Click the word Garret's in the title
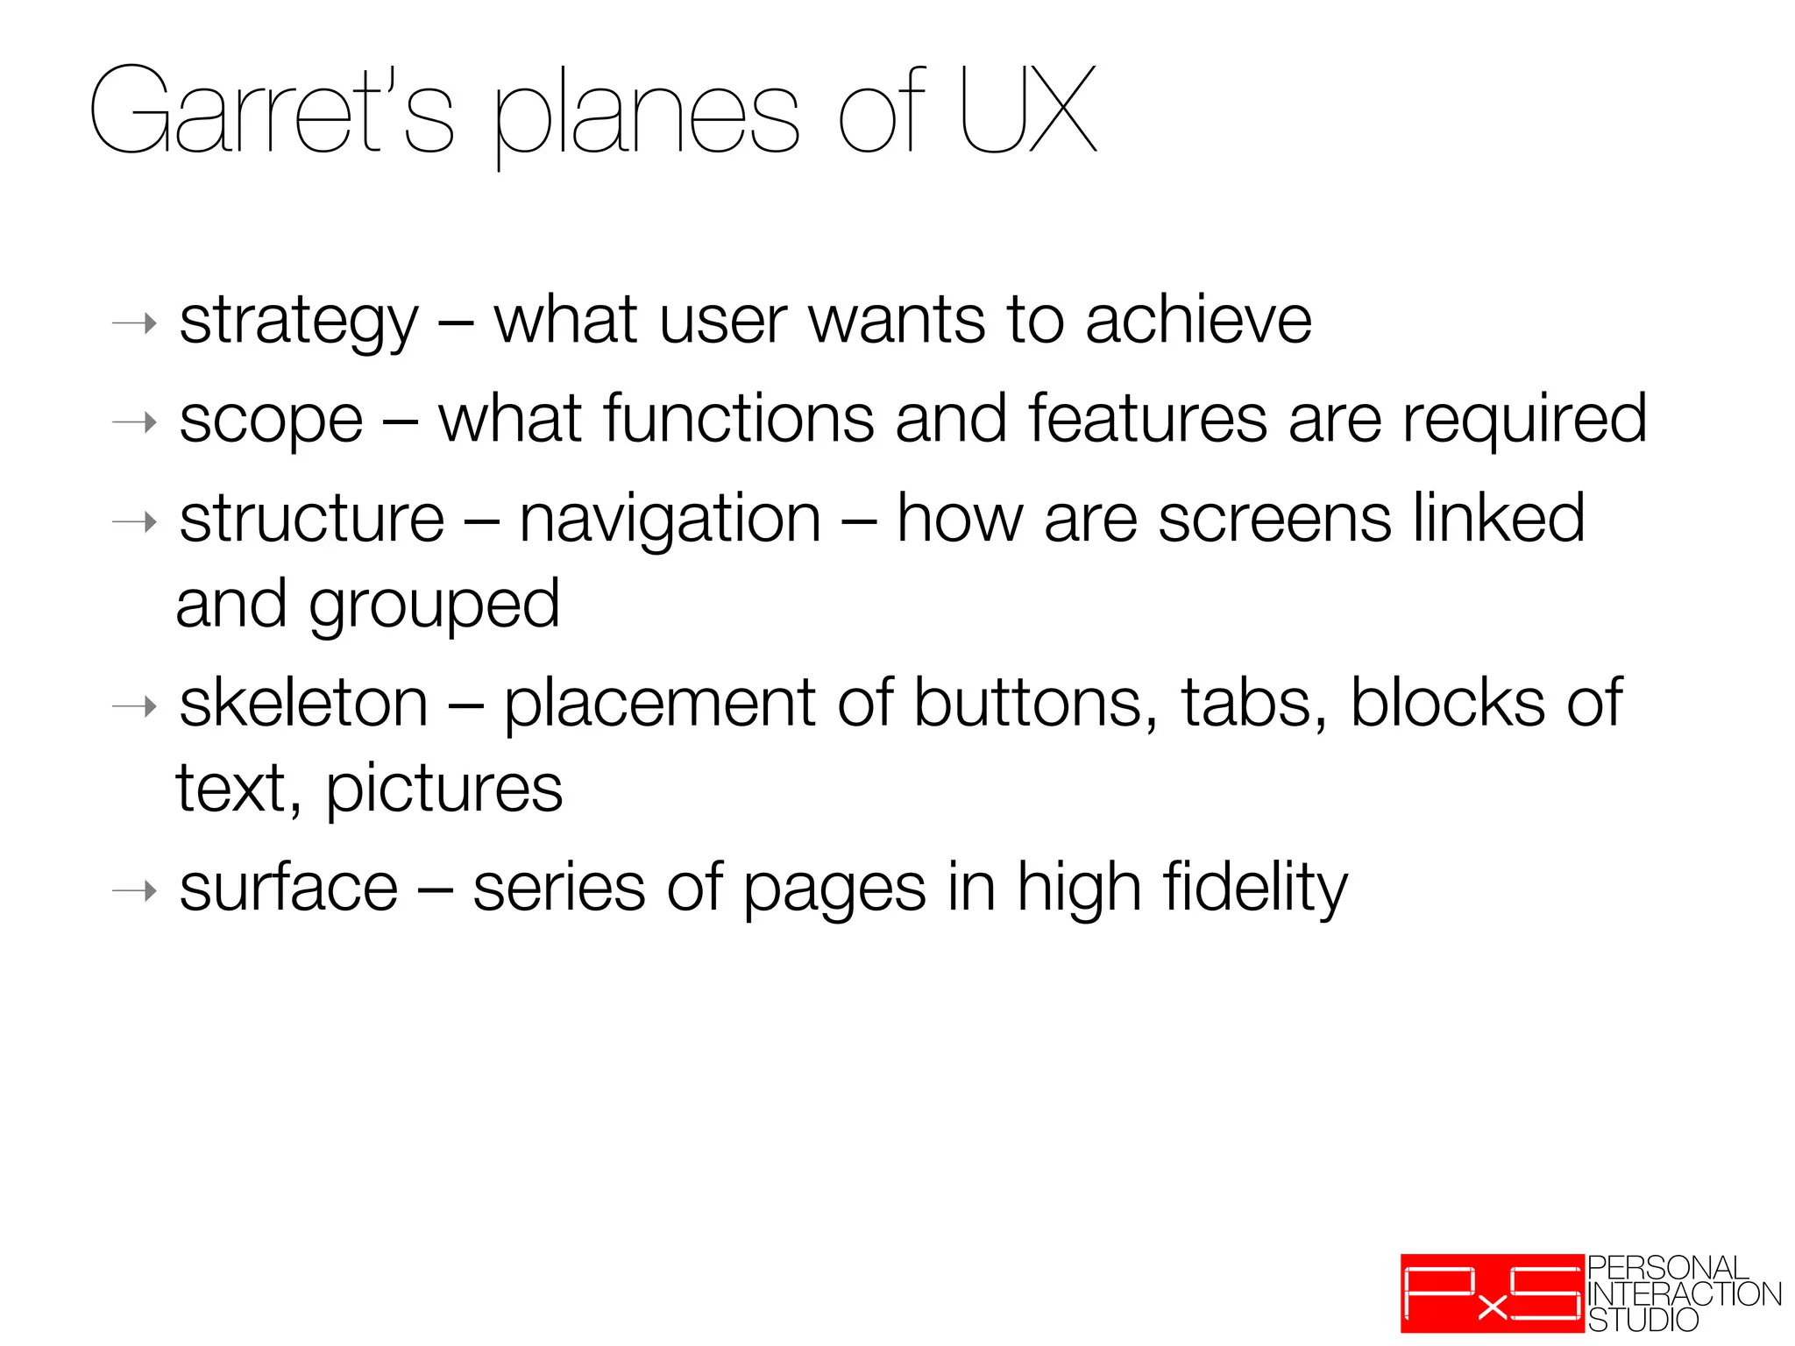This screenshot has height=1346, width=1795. [x=272, y=112]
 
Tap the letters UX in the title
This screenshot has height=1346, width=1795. [x=1027, y=110]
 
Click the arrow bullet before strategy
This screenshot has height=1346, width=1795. [x=134, y=324]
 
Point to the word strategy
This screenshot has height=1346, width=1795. [x=299, y=322]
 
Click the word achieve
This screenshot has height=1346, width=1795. [x=1198, y=320]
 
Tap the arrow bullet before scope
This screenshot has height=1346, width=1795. [x=134, y=423]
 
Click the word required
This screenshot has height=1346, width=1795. [x=1524, y=421]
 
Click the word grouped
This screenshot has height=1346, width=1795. [x=434, y=606]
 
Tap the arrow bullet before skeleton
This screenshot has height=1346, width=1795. [x=134, y=706]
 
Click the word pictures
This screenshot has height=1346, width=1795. [x=444, y=791]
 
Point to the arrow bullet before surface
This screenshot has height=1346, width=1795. [x=134, y=892]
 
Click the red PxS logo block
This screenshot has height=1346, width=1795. [x=1492, y=1293]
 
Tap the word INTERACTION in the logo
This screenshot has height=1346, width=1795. [x=1685, y=1294]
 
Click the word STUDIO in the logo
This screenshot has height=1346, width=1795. [x=1643, y=1320]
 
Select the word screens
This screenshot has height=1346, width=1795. [x=1274, y=519]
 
